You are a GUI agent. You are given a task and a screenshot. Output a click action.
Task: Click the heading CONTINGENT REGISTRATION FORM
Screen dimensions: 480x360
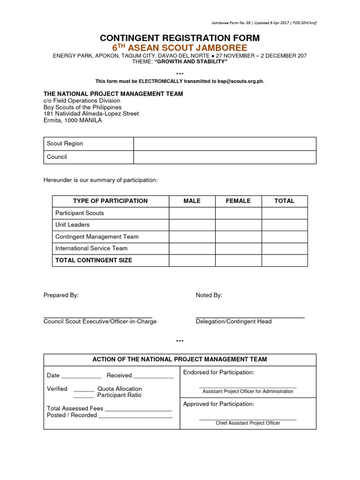click(x=180, y=38)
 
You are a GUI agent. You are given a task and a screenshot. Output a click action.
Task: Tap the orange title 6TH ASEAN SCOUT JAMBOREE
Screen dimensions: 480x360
click(x=180, y=48)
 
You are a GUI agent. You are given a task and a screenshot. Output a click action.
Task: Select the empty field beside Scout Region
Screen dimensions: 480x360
click(x=225, y=143)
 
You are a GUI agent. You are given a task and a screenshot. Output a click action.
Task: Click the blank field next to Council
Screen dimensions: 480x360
click(x=225, y=157)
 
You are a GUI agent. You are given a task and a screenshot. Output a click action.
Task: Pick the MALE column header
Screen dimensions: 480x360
click(x=192, y=201)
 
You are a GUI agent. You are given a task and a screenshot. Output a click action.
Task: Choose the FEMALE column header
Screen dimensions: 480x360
click(x=238, y=201)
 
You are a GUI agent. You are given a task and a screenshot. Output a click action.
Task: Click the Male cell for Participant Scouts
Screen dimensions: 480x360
click(x=192, y=213)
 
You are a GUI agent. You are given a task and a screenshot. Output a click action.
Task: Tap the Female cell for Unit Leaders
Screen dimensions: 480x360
click(x=238, y=225)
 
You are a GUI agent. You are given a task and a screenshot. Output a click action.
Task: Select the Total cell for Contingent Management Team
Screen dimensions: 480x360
click(x=285, y=237)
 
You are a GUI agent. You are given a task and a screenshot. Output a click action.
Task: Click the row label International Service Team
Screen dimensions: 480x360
click(x=91, y=248)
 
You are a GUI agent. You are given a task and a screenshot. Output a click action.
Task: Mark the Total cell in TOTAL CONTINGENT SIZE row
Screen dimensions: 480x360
click(x=285, y=260)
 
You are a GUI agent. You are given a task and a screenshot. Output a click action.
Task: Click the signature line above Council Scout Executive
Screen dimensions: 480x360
click(x=97, y=317)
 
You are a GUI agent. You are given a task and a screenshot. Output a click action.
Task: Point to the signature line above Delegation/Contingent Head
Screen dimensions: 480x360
click(x=250, y=317)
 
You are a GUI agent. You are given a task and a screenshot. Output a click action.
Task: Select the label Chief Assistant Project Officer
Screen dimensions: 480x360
click(x=247, y=423)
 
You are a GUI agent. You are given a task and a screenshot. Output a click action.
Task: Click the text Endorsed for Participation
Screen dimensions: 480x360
click(x=218, y=373)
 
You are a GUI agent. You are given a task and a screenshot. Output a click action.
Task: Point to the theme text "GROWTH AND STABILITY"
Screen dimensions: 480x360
click(x=191, y=62)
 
